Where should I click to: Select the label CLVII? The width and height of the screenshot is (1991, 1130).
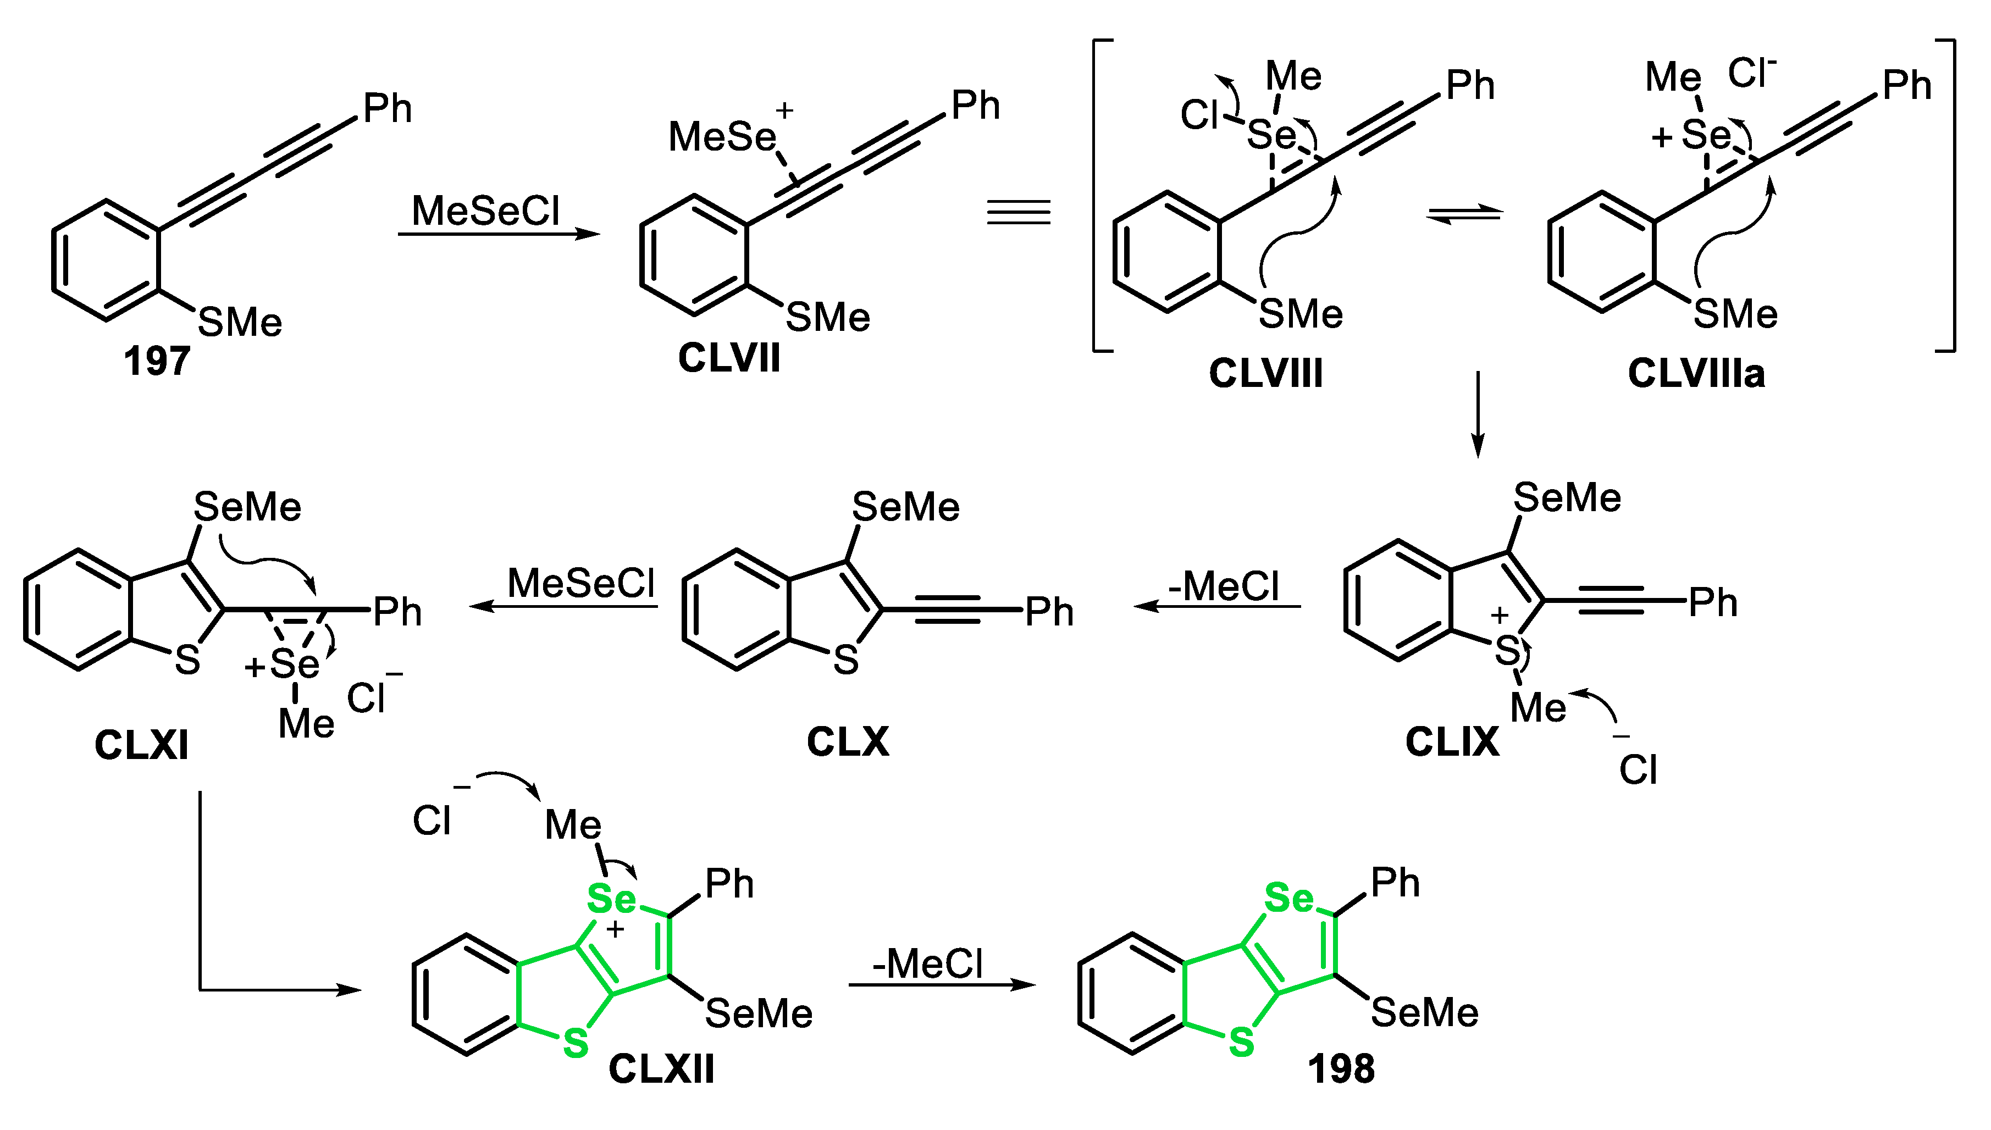728,358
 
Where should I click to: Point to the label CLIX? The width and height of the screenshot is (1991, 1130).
1452,743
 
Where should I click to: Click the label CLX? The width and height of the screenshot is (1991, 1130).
848,743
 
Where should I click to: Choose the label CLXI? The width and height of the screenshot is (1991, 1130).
141,746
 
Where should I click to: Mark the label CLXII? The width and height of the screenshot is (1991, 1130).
661,1070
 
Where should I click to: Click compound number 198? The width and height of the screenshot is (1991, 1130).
1341,1070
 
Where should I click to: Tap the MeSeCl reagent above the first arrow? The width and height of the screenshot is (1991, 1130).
485,211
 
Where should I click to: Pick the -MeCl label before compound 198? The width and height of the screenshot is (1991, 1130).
927,965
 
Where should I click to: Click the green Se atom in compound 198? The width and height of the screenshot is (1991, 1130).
1288,899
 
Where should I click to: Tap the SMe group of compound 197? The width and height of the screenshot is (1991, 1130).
240,323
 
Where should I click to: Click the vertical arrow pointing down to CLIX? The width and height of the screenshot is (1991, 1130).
1478,415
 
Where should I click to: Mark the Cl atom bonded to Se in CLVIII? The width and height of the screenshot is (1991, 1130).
1199,115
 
